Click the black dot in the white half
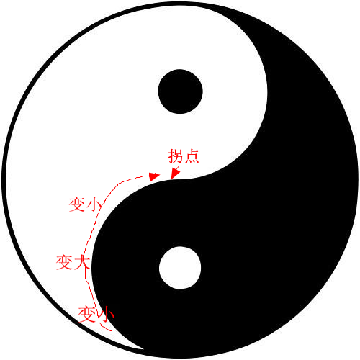(x=181, y=91)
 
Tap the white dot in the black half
(x=180, y=268)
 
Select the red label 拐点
(x=184, y=156)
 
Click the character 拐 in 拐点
(x=176, y=156)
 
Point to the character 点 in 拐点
(x=192, y=156)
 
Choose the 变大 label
(x=73, y=262)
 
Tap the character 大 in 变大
(x=82, y=262)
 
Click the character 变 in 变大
(x=64, y=262)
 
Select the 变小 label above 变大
(x=86, y=204)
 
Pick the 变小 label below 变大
(x=96, y=314)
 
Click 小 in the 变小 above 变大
(x=94, y=205)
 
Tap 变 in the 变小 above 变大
(x=77, y=204)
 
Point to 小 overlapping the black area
(x=106, y=314)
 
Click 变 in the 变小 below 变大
(x=86, y=315)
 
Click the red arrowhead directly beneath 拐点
(x=175, y=174)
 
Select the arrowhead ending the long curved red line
(x=154, y=176)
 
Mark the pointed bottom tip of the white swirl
(x=143, y=349)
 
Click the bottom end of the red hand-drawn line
(x=112, y=330)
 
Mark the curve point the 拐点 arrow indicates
(x=171, y=179)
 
